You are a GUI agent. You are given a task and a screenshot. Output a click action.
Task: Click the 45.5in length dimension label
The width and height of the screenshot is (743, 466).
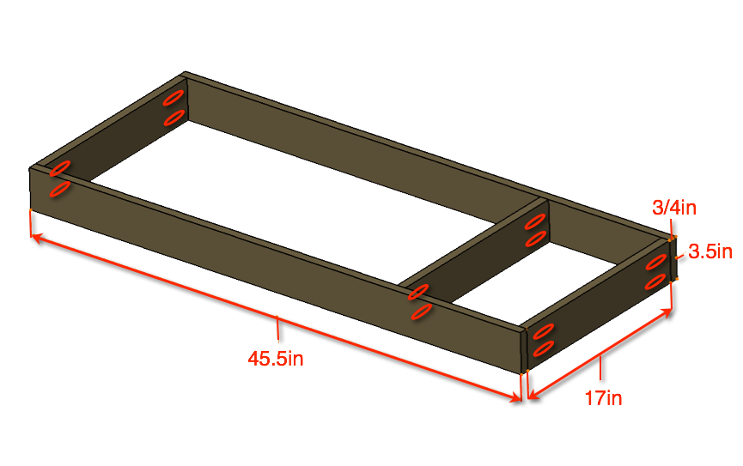[276, 358]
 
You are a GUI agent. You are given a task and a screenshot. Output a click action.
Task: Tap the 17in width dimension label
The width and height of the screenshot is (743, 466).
[603, 398]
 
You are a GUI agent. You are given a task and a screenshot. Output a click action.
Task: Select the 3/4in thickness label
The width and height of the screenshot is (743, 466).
[674, 208]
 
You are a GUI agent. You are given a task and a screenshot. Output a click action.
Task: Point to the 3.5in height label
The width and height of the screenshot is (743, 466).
[710, 251]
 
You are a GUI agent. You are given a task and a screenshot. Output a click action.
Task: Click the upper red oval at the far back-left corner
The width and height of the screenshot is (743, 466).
[174, 98]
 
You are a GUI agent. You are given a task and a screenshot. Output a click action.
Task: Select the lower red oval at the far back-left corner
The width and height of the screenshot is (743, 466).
[174, 118]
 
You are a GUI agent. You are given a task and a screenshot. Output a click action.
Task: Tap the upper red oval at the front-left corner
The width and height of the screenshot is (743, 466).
[60, 168]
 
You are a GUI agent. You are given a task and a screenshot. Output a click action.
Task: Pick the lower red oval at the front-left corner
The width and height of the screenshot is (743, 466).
[60, 189]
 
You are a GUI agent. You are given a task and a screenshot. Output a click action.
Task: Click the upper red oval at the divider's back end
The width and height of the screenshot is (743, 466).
[535, 221]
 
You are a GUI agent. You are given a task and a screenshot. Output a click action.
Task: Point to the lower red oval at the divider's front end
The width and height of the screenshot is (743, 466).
[421, 312]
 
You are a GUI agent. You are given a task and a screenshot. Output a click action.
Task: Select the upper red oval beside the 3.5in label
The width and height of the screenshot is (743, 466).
[655, 262]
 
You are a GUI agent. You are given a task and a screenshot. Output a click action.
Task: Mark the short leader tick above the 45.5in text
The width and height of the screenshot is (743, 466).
[277, 328]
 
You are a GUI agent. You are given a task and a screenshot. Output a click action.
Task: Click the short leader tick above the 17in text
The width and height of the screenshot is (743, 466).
[600, 369]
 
